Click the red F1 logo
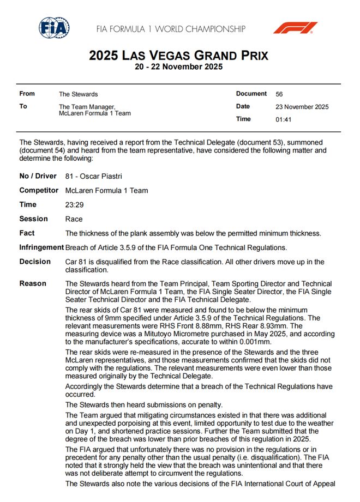[296, 28]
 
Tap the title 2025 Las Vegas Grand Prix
[178, 56]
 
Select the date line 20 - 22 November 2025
[178, 66]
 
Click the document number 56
[279, 94]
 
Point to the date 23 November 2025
[302, 107]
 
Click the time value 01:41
[284, 119]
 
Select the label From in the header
[27, 94]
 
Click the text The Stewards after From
[78, 94]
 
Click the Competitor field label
[39, 191]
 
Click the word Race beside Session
[74, 219]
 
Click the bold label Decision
[35, 262]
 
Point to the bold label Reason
[33, 283]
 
